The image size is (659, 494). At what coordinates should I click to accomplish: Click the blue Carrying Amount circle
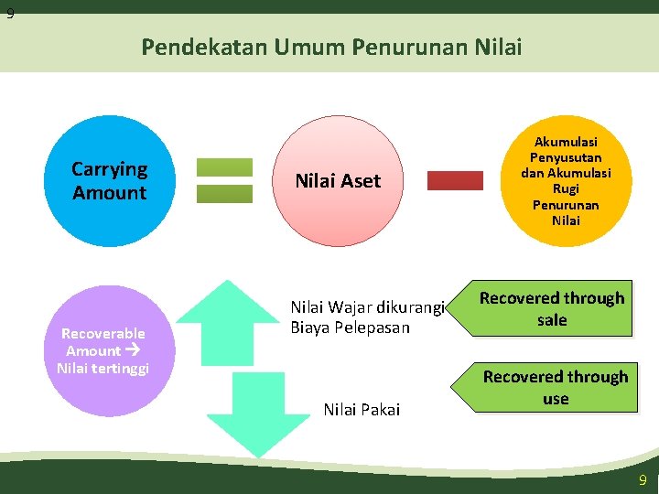[109, 180]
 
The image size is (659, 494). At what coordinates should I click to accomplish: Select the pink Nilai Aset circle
[338, 180]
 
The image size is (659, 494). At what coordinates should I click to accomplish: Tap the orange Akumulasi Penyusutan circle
[566, 180]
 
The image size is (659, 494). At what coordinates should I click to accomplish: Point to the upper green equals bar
[224, 167]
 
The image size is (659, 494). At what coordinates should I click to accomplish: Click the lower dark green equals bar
[224, 193]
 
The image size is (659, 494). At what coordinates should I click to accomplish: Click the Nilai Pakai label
[362, 409]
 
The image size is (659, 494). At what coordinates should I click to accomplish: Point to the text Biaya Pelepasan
[350, 327]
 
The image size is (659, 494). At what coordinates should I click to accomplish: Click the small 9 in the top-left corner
[9, 14]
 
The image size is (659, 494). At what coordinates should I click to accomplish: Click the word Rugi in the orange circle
[566, 188]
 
